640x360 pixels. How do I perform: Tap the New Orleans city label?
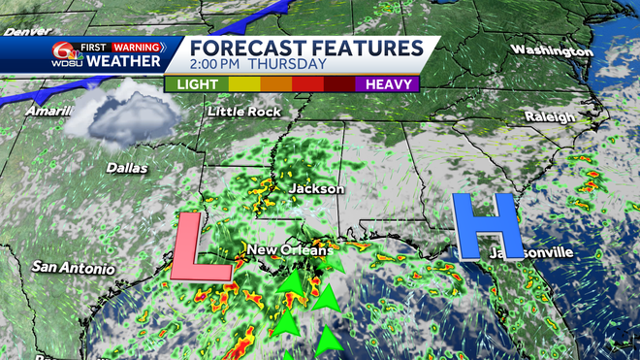click(x=289, y=251)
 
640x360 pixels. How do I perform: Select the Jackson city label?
click(x=311, y=188)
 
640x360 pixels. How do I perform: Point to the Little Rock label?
click(x=244, y=112)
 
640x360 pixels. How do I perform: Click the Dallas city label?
click(x=128, y=168)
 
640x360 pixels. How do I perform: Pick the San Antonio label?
click(x=73, y=267)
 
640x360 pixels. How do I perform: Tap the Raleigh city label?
click(x=549, y=116)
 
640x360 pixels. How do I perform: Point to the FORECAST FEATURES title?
click(x=305, y=49)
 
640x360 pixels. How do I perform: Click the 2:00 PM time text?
click(x=216, y=65)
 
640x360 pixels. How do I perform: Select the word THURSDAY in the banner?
click(x=287, y=65)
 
